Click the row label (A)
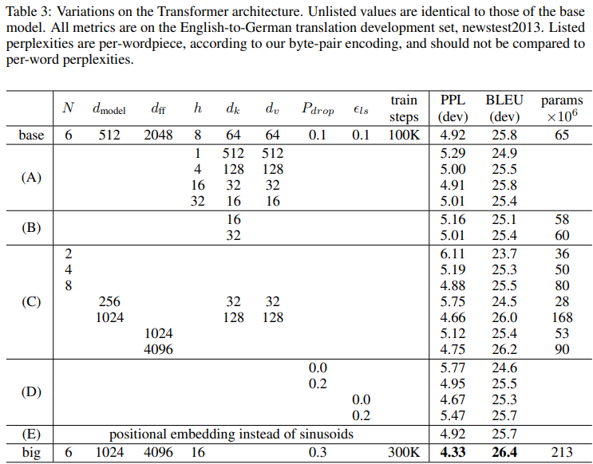[x=31, y=177]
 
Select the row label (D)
[x=31, y=392]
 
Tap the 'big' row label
[x=31, y=452]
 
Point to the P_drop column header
[x=318, y=109]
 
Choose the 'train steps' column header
[x=404, y=109]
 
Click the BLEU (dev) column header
[x=504, y=109]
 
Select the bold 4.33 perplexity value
[x=453, y=452]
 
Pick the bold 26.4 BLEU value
[x=504, y=452]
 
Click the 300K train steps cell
[x=404, y=452]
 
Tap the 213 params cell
[x=562, y=452]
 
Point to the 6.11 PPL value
[x=453, y=254]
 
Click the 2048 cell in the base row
[x=158, y=135]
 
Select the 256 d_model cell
[x=110, y=302]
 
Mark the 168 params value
[x=562, y=317]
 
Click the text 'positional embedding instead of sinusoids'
[x=231, y=435]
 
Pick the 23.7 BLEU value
[x=504, y=254]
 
